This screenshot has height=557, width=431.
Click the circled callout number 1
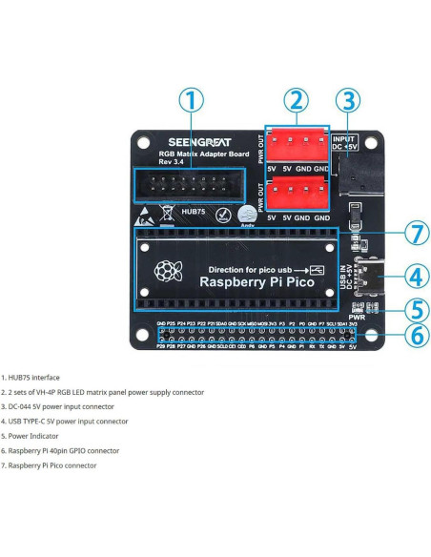coord(191,100)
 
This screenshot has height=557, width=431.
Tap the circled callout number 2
coord(298,100)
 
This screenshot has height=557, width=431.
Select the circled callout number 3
coord(350,100)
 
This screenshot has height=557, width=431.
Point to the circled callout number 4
coord(402,278)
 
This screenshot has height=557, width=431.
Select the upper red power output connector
coord(297,145)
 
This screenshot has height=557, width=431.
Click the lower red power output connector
coord(297,196)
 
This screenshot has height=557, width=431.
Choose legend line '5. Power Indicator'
coord(35,435)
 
